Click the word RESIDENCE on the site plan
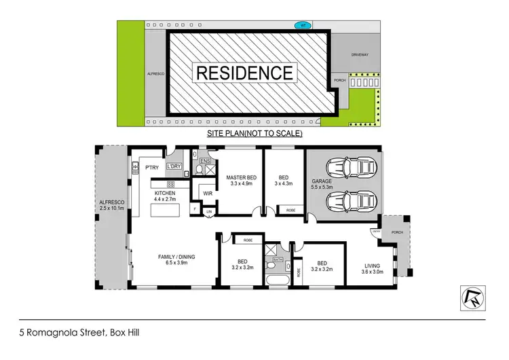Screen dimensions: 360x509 [x=244, y=72]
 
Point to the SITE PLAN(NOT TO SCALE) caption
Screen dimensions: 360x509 [x=254, y=134]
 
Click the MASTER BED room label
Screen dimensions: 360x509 [x=242, y=179]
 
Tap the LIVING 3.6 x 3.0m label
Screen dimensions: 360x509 [x=373, y=269]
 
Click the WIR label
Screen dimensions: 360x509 [x=208, y=194]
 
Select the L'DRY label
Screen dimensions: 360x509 [x=173, y=166]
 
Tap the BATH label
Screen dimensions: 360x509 [x=278, y=259]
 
